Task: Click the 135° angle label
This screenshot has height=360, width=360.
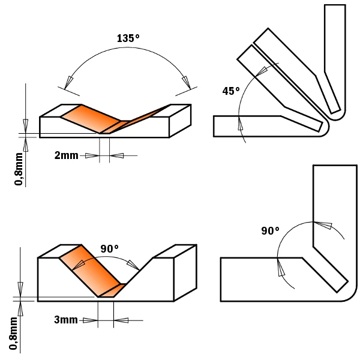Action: click(x=128, y=38)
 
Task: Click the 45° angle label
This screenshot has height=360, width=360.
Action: click(x=230, y=91)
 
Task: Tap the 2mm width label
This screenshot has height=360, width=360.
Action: click(x=66, y=155)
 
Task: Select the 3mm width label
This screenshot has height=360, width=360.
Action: click(x=65, y=320)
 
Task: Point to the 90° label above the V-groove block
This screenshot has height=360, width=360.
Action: click(x=110, y=248)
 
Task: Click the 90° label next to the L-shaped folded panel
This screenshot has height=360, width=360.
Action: click(x=271, y=231)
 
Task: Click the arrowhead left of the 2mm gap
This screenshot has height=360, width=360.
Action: click(x=92, y=155)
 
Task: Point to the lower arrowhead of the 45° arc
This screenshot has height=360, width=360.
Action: click(x=241, y=124)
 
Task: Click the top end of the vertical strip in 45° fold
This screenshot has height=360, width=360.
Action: click(x=335, y=7)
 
